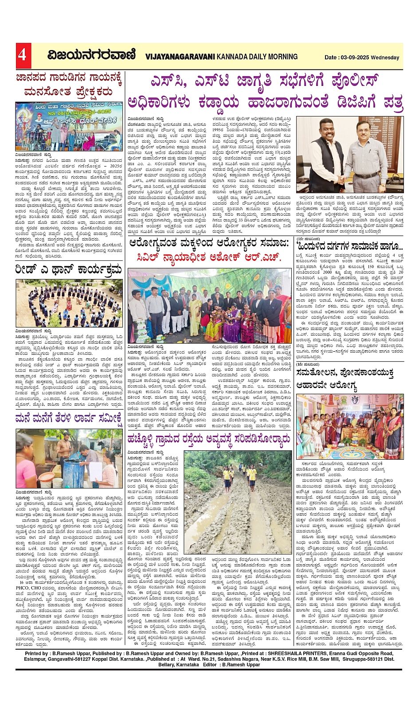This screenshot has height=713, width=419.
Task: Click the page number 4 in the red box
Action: [x=22, y=55]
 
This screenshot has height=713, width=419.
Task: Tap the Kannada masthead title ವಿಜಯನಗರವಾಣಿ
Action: [x=91, y=55]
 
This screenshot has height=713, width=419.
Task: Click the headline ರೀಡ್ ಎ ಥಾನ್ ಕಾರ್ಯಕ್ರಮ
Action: [x=68, y=270]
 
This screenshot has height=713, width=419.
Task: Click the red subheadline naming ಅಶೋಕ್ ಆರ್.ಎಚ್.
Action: [x=208, y=257]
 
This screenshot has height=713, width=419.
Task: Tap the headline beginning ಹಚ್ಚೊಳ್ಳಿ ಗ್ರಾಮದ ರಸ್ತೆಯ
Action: [x=208, y=439]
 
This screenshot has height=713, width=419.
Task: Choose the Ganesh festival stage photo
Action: [x=68, y=126]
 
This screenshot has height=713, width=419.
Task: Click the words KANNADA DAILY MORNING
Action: [x=257, y=57]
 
